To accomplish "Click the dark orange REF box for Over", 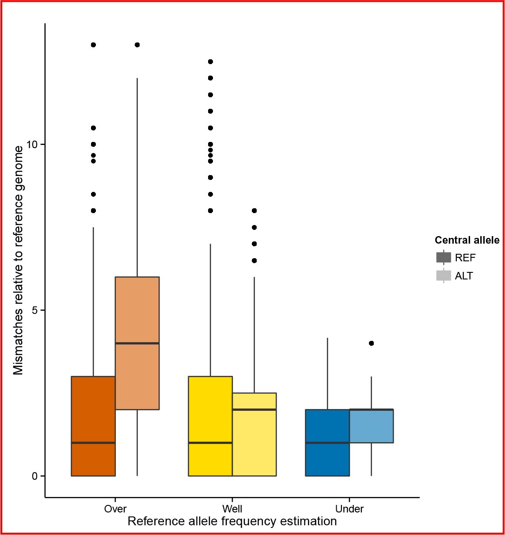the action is tap(93, 426).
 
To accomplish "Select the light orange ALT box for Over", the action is tap(137, 343).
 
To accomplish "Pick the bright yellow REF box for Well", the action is tap(210, 426).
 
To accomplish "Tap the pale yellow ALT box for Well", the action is tap(254, 434).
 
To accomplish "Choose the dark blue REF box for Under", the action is tap(327, 443).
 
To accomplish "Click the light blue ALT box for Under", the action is tap(372, 426).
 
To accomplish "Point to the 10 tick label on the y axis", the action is tap(32, 145).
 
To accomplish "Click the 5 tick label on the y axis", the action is tap(35, 310).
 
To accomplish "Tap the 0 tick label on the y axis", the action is tap(35, 476).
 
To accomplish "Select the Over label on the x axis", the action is tap(115, 509).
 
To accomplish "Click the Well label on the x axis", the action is tap(232, 509).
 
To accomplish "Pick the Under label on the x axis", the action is tap(349, 509).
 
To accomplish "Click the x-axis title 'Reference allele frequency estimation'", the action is tap(232, 521).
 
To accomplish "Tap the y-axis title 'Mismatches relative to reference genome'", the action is tap(18, 260).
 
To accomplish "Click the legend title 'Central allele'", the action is tap(467, 240).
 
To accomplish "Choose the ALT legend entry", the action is tap(454, 275).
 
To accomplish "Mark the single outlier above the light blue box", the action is tap(372, 343).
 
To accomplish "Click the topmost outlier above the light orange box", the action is tap(137, 45).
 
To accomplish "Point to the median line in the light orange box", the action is tap(137, 343).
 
